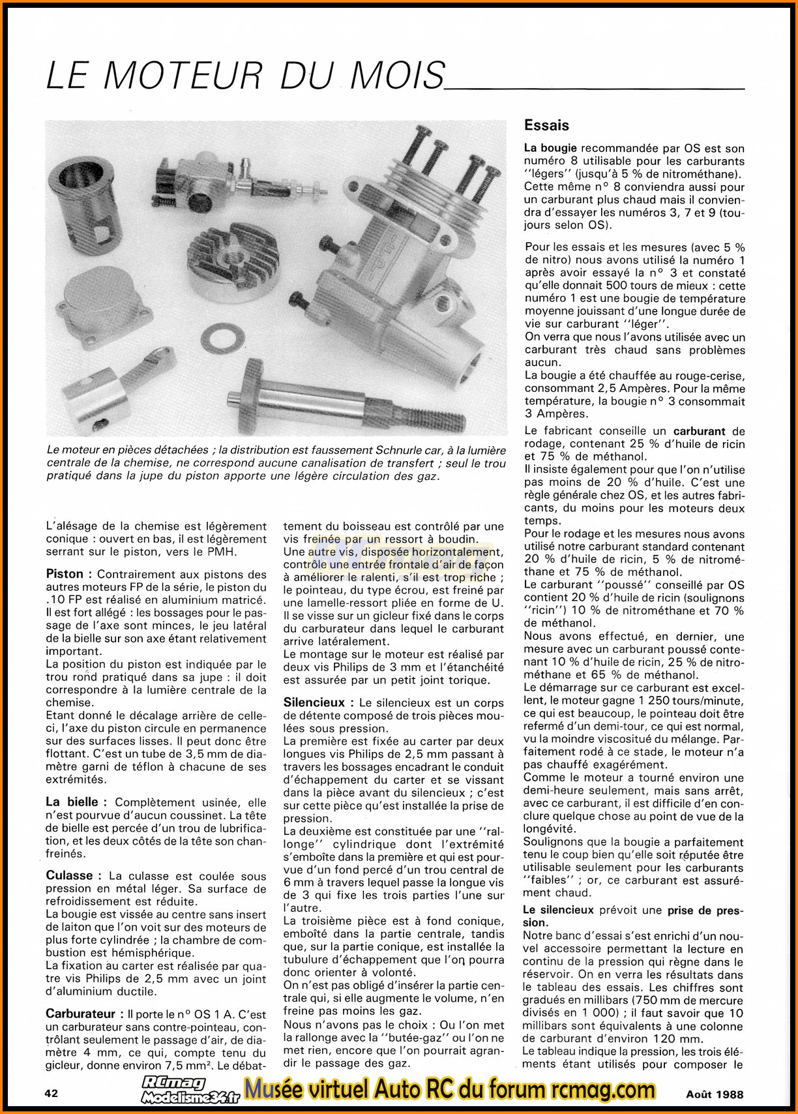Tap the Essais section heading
tap(546, 125)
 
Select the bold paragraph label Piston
tap(65, 575)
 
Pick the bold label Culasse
tap(74, 876)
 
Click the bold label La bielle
tap(72, 802)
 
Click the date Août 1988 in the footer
tap(714, 1094)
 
